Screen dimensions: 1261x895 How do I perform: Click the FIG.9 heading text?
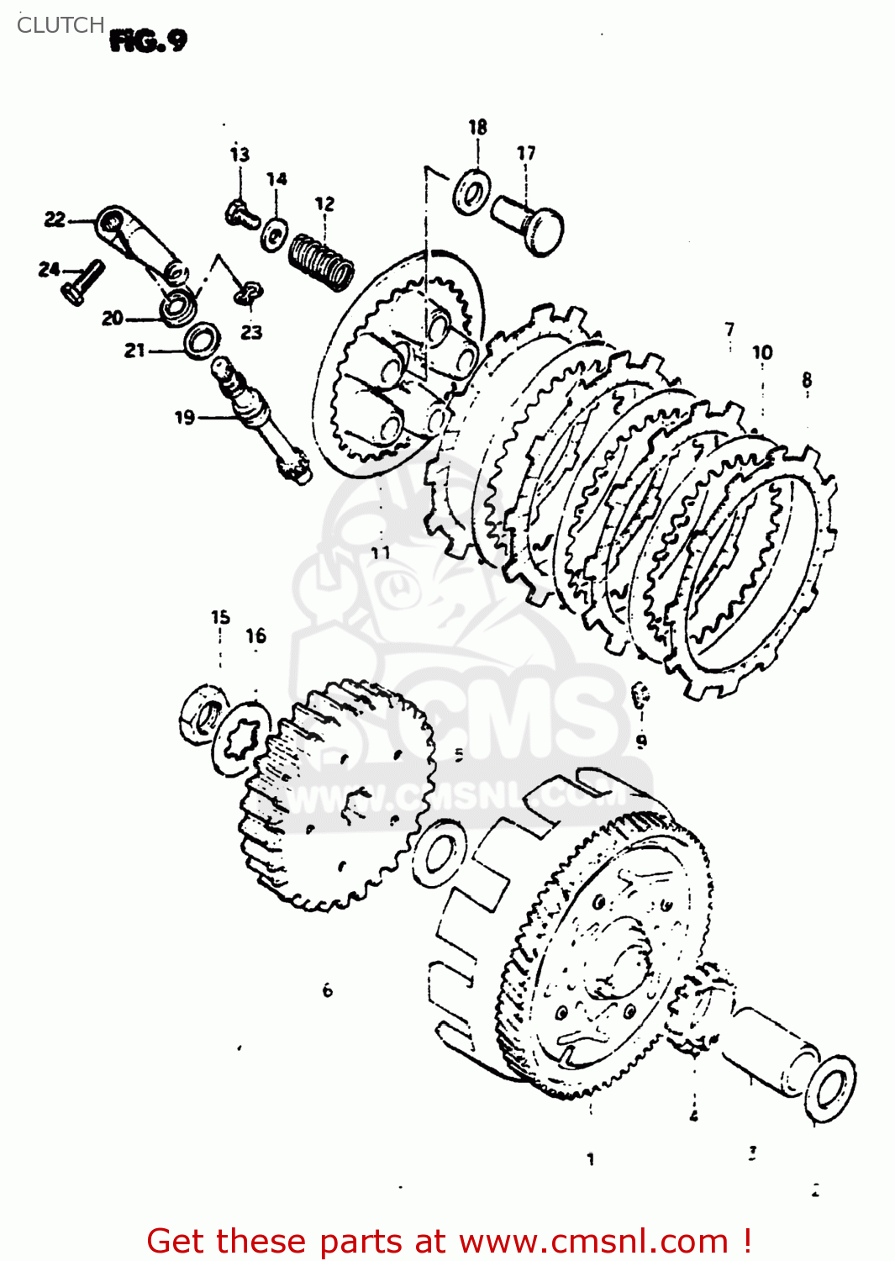pos(148,40)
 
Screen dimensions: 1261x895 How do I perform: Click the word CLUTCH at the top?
pos(61,25)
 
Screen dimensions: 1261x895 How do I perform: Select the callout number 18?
pos(477,127)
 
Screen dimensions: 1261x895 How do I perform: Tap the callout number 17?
pos(526,153)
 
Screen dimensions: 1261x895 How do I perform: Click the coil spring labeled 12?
pos(321,260)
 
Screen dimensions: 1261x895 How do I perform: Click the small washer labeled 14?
pos(275,234)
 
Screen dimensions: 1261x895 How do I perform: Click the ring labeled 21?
pos(202,340)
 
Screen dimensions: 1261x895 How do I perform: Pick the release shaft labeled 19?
pos(261,420)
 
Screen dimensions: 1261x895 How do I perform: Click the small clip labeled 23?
pos(247,293)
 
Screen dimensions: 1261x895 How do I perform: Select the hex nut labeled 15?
pos(202,715)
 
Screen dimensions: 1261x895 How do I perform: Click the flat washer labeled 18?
pos(472,193)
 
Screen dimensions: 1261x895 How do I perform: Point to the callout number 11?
pos(381,552)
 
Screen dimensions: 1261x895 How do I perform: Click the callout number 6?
pos(328,990)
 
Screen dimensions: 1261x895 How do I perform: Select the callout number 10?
pos(762,352)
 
